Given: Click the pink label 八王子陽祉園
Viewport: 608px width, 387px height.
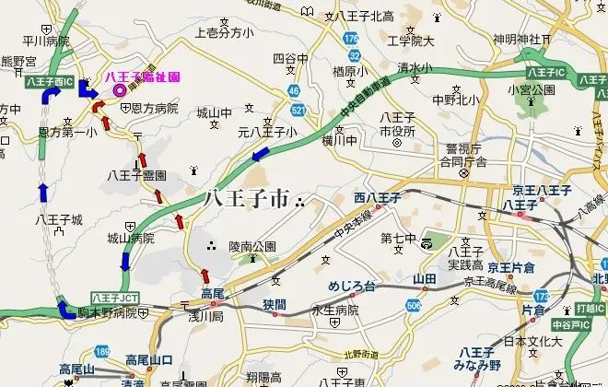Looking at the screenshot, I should click(x=142, y=76).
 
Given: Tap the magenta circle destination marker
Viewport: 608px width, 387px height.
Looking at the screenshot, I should click(x=119, y=90).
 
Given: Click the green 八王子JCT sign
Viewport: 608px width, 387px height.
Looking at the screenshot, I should click(x=114, y=297).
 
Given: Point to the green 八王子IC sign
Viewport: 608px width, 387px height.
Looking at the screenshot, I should click(x=546, y=71).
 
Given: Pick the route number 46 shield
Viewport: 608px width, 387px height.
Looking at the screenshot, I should click(x=294, y=90).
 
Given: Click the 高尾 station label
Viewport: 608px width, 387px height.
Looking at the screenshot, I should click(x=212, y=293).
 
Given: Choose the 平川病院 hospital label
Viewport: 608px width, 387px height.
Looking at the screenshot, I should click(x=46, y=41).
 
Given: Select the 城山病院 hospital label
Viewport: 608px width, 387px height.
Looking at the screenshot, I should click(x=130, y=237).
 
